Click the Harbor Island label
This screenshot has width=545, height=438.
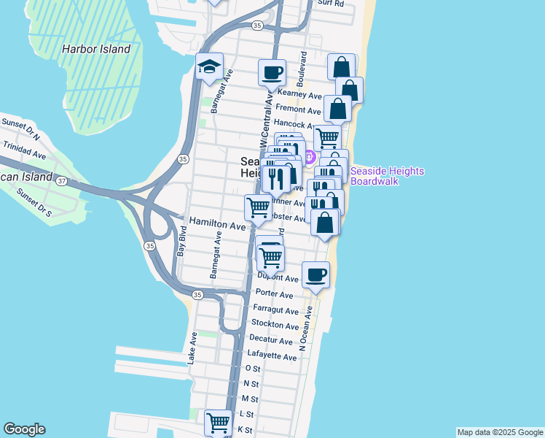[96, 50]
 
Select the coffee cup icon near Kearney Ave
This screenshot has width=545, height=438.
[272, 72]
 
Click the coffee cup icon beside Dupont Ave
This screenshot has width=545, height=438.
[315, 274]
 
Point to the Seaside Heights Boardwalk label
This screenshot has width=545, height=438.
[386, 176]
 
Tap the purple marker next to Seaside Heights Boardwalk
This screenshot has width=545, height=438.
[309, 156]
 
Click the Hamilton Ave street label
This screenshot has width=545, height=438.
[217, 226]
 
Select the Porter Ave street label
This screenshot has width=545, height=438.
[274, 295]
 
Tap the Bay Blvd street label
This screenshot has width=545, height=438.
[182, 241]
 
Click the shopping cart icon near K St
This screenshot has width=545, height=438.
[217, 422]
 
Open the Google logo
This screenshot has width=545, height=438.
[24, 429]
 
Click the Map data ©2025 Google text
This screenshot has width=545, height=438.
[499, 432]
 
